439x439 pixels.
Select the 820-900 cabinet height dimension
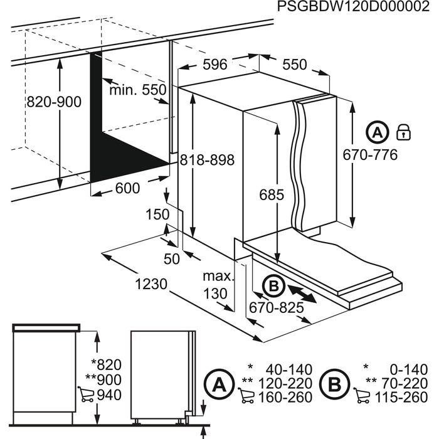coord(54,102)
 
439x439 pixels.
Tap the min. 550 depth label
coord(138,90)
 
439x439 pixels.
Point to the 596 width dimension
coord(214,65)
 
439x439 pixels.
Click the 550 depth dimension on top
coord(295,65)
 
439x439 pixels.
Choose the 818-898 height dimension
coord(206,161)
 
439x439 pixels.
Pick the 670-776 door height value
coord(370,155)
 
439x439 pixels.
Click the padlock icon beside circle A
coord(403,132)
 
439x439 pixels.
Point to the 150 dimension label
coord(158,214)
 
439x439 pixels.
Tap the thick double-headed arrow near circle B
coord(302,294)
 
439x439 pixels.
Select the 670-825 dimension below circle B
coord(276,307)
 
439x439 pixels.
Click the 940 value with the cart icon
coord(110,395)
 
